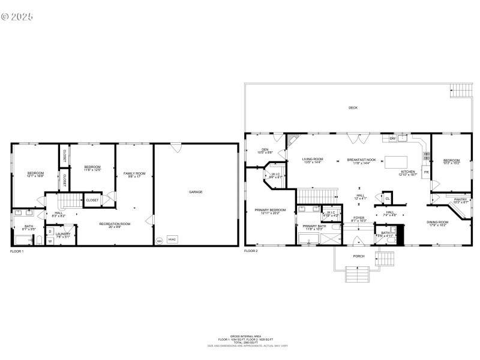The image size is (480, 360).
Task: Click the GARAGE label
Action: [196, 192]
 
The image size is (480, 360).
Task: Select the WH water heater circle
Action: [160, 241]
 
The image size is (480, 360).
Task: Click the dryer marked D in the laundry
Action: [50, 231]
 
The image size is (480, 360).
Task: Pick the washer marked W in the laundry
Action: [50, 241]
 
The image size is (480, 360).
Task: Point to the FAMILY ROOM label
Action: [134, 175]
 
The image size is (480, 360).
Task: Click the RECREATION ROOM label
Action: [115, 224]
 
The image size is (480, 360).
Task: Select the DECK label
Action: [353, 108]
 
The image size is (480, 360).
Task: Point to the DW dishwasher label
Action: [392, 139]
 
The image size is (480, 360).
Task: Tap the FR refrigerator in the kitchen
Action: [427, 173]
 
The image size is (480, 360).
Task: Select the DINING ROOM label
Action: [437, 223]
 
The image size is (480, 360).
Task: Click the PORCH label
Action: [358, 256]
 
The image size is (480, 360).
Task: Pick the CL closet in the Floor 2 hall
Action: [387, 199]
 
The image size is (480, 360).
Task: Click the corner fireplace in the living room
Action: [292, 139]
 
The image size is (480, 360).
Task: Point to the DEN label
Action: [265, 150]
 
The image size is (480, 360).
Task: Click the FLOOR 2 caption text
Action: [251, 251]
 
